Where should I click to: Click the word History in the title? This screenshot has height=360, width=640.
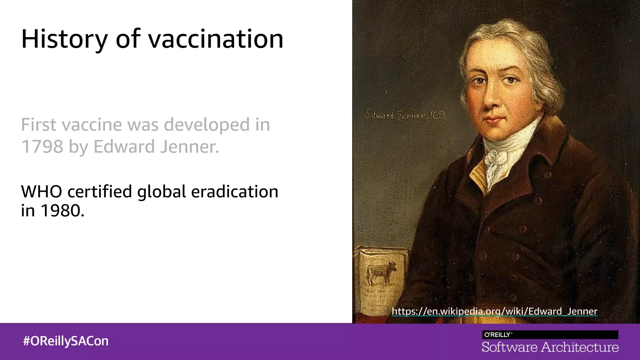64,39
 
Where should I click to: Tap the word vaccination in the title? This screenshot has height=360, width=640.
216,39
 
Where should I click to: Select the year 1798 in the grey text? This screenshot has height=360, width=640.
42,146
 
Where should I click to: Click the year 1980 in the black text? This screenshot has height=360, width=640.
62,211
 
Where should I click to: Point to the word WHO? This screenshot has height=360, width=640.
42,192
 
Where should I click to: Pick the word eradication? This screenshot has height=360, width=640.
234,192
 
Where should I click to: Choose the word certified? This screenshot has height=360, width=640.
100,192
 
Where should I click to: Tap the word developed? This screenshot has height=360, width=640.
207,125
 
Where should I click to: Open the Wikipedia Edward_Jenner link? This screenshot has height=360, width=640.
494,311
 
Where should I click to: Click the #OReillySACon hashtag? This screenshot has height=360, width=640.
66,341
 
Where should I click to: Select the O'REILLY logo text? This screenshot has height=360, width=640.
498,335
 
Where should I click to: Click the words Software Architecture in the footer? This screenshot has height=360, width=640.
550,347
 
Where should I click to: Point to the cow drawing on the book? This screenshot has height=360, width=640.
382,272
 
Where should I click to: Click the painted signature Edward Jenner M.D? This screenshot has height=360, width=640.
405,116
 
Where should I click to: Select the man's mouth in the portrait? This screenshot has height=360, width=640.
494,119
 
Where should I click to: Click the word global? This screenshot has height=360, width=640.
162,192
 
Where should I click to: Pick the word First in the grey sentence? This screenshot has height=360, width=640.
39,125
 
